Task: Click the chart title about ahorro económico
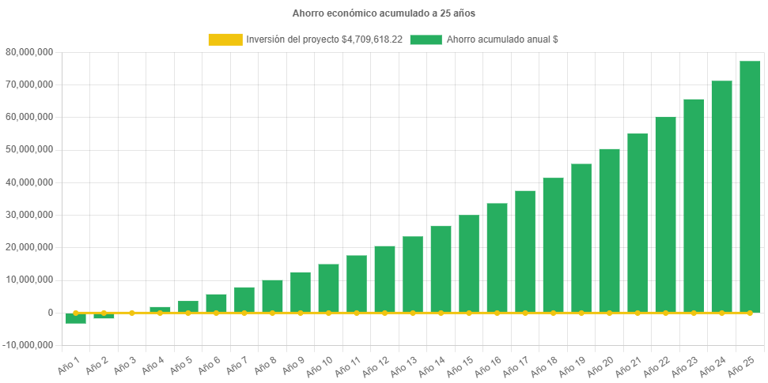[384, 13]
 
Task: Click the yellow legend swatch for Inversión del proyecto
[225, 39]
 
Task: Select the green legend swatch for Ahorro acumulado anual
[426, 39]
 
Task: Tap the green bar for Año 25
[750, 186]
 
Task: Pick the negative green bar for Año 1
[76, 318]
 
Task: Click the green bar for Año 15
[468, 264]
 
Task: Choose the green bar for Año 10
[328, 288]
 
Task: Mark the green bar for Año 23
[694, 205]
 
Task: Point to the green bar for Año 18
[553, 245]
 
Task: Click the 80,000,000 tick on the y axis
[28, 52]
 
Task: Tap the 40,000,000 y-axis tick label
[28, 182]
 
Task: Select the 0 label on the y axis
[50, 313]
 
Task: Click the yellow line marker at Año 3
[132, 313]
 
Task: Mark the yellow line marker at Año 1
[76, 313]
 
